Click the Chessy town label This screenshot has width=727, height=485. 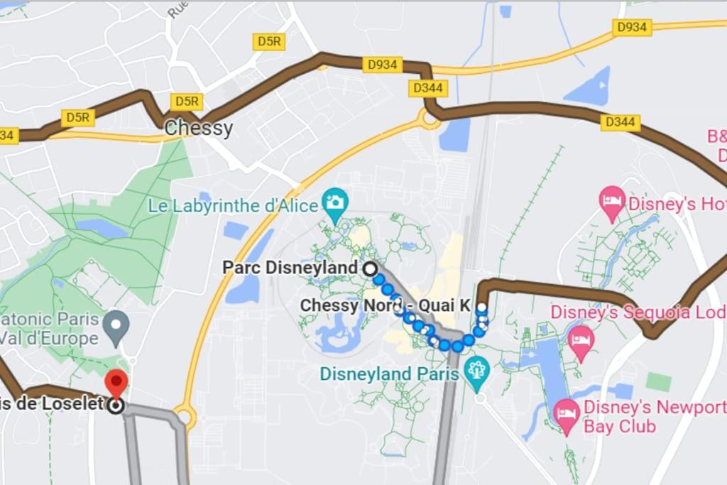pyautogui.click(x=198, y=129)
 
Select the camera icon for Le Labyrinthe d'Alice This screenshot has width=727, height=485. pyautogui.click(x=334, y=202)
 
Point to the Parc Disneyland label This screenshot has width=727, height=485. pyautogui.click(x=290, y=268)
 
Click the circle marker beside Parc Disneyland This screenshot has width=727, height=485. pyautogui.click(x=370, y=268)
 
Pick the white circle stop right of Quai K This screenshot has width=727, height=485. pyautogui.click(x=482, y=307)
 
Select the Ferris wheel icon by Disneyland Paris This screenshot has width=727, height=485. pyautogui.click(x=477, y=370)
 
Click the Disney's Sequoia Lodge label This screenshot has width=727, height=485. pyautogui.click(x=638, y=312)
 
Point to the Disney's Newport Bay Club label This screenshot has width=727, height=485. pyautogui.click(x=653, y=417)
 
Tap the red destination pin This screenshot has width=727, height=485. pyautogui.click(x=116, y=383)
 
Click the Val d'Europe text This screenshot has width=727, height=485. pyautogui.click(x=49, y=338)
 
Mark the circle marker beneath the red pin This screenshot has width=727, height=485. pyautogui.click(x=116, y=405)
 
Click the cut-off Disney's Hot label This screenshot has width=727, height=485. pyautogui.click(x=679, y=205)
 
